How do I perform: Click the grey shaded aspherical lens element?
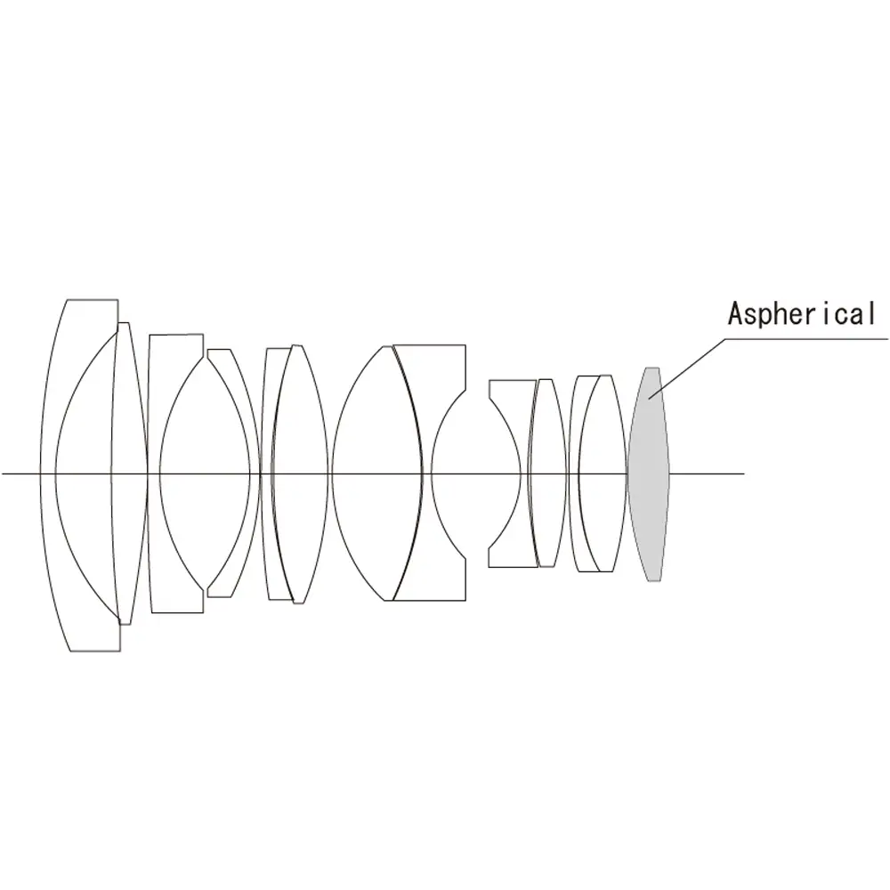(649, 474)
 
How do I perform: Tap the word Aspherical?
(802, 314)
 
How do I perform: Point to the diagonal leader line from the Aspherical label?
(687, 369)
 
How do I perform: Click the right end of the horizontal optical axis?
(744, 473)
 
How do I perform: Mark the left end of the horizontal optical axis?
(2, 473)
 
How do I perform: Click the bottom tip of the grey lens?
(652, 581)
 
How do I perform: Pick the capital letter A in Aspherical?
(737, 314)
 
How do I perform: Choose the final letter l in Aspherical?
(872, 314)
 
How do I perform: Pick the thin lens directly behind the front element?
(128, 474)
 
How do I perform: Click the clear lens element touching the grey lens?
(603, 474)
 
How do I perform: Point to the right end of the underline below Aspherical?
(887, 339)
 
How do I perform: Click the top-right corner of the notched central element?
(466, 344)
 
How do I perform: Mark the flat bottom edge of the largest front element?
(95, 651)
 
